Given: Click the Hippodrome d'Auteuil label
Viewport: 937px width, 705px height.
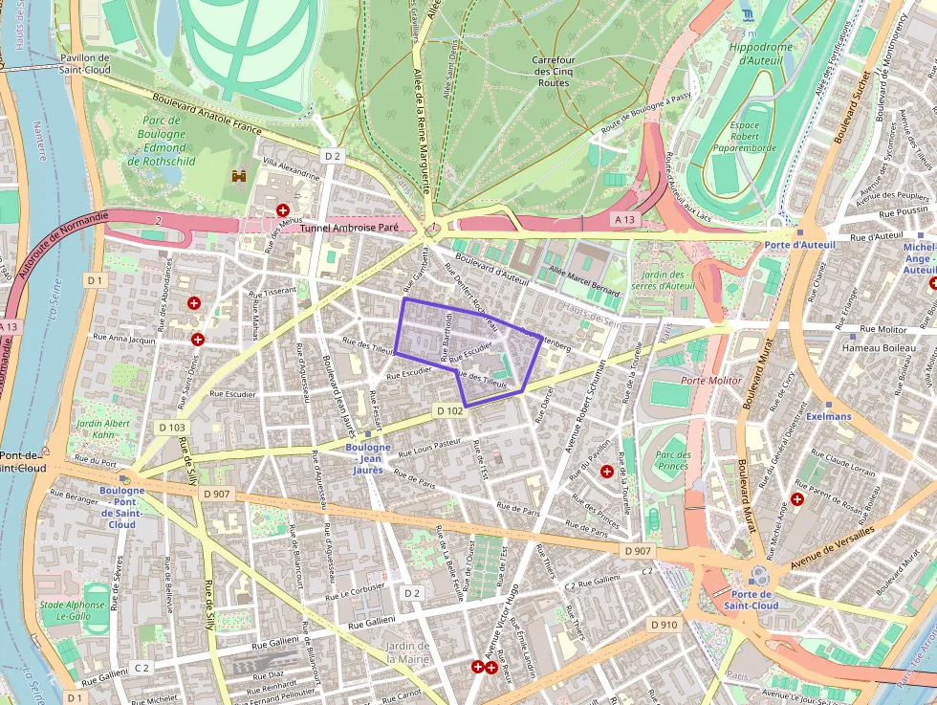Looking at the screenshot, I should pos(761,55).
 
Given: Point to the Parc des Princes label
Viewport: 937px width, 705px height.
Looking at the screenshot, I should pos(674,460).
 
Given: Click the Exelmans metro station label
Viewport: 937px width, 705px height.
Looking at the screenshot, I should pos(828,417).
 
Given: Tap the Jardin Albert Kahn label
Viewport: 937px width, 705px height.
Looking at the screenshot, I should pos(103,430).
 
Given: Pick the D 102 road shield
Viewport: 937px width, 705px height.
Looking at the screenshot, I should pos(449,410).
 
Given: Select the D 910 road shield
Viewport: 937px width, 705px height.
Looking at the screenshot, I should pos(664,625).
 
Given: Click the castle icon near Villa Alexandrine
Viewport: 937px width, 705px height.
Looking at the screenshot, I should pos(239,177).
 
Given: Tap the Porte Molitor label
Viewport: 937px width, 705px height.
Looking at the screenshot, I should pos(710,381).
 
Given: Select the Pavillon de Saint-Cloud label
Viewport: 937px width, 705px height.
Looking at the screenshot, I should pos(85,63).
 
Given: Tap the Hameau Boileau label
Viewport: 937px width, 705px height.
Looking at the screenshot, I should pos(879,348).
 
